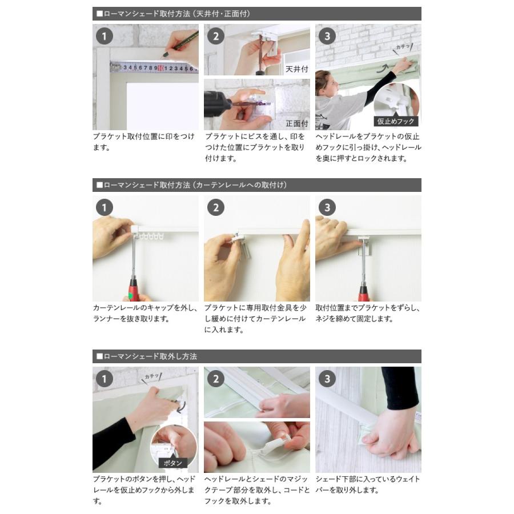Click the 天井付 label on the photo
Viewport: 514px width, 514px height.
tap(296, 69)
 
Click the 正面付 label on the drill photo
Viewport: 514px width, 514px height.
tap(296, 123)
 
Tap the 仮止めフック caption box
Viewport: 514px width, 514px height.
tap(396, 121)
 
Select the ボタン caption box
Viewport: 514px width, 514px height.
tap(172, 463)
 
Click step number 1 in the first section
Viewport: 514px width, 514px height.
tap(105, 36)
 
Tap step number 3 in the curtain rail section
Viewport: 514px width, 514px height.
tap(327, 207)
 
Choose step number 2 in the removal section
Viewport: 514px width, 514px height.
tap(216, 379)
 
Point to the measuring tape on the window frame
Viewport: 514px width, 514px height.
tap(154, 68)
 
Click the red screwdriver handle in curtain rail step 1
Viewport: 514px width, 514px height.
tap(134, 289)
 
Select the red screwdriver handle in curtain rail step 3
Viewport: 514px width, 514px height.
tap(363, 293)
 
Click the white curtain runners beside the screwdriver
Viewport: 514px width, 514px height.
tap(150, 236)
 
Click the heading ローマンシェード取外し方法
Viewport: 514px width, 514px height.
tap(150, 356)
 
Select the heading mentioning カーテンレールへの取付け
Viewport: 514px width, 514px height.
tap(191, 185)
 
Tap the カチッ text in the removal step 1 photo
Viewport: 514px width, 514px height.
tap(152, 376)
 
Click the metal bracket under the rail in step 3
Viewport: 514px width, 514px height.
tap(364, 245)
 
